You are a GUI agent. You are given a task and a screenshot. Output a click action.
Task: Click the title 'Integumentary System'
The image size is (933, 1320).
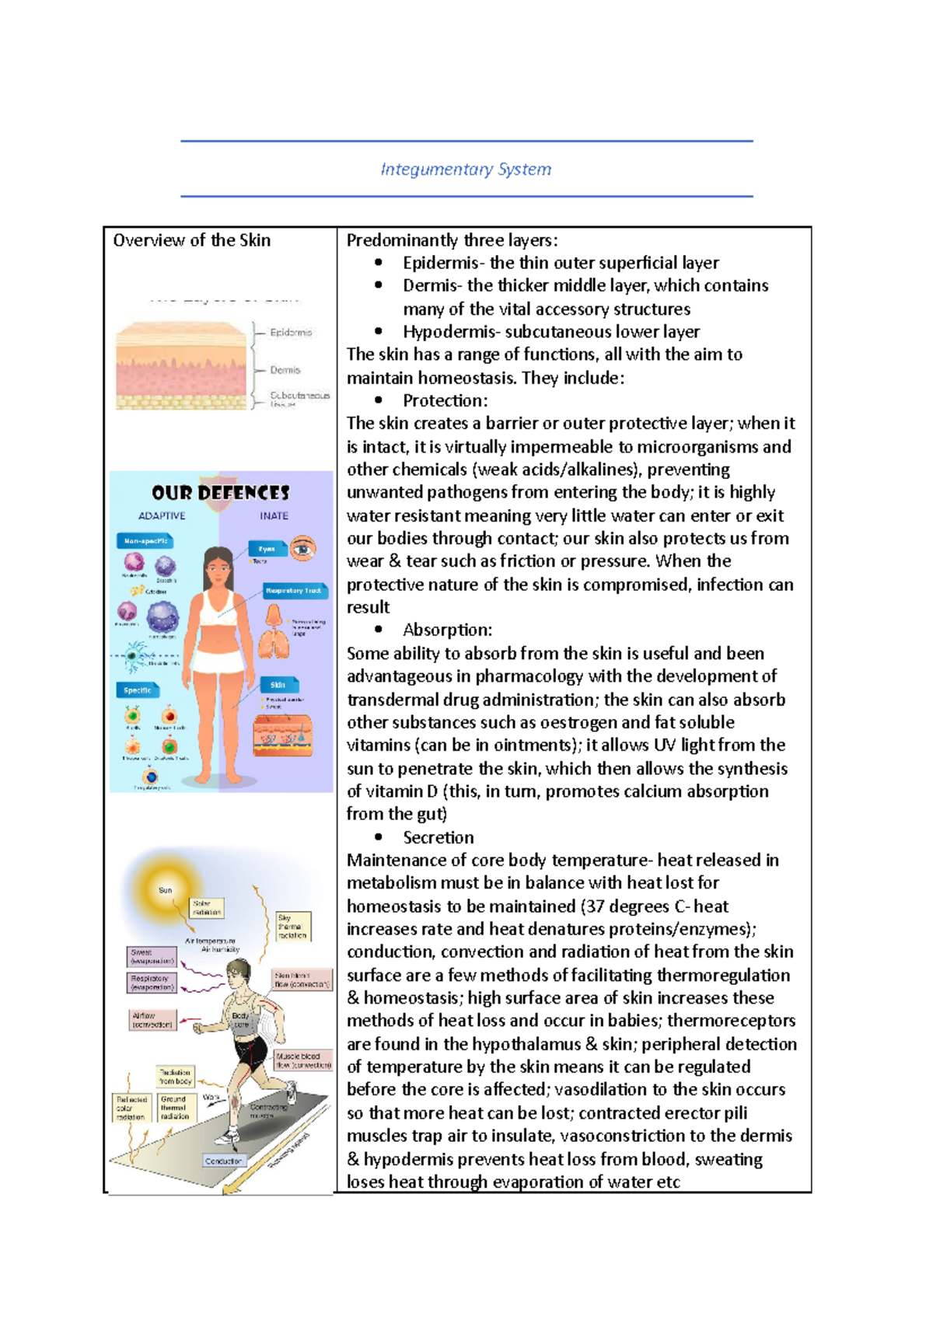466,169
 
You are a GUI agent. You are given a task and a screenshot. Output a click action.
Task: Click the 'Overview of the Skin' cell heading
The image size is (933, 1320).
192,240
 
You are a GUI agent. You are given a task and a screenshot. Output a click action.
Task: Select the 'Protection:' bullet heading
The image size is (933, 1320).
445,401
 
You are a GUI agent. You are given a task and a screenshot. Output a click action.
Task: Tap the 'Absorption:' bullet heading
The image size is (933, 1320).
447,630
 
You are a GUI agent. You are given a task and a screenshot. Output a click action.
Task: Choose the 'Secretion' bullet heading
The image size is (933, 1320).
438,837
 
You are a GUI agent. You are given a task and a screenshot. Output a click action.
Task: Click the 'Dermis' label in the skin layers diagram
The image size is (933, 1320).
285,370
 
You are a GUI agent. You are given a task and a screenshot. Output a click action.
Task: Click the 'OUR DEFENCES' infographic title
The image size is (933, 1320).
221,493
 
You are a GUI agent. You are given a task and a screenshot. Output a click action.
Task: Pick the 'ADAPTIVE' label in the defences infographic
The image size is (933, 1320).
162,515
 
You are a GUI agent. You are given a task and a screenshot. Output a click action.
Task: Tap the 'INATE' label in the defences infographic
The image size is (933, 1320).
274,515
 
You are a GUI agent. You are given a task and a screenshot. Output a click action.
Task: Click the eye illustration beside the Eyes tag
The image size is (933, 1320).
303,548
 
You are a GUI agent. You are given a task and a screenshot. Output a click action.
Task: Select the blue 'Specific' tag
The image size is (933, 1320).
138,690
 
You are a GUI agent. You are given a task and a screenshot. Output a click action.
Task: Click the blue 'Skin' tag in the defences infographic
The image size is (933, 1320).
278,685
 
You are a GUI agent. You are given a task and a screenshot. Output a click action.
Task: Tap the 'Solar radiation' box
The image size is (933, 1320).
207,908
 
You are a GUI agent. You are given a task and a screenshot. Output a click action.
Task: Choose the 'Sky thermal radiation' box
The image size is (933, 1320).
292,927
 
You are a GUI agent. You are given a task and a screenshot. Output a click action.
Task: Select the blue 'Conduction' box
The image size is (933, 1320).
223,1161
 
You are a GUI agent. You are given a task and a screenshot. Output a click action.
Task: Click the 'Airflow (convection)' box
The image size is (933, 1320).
152,1020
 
